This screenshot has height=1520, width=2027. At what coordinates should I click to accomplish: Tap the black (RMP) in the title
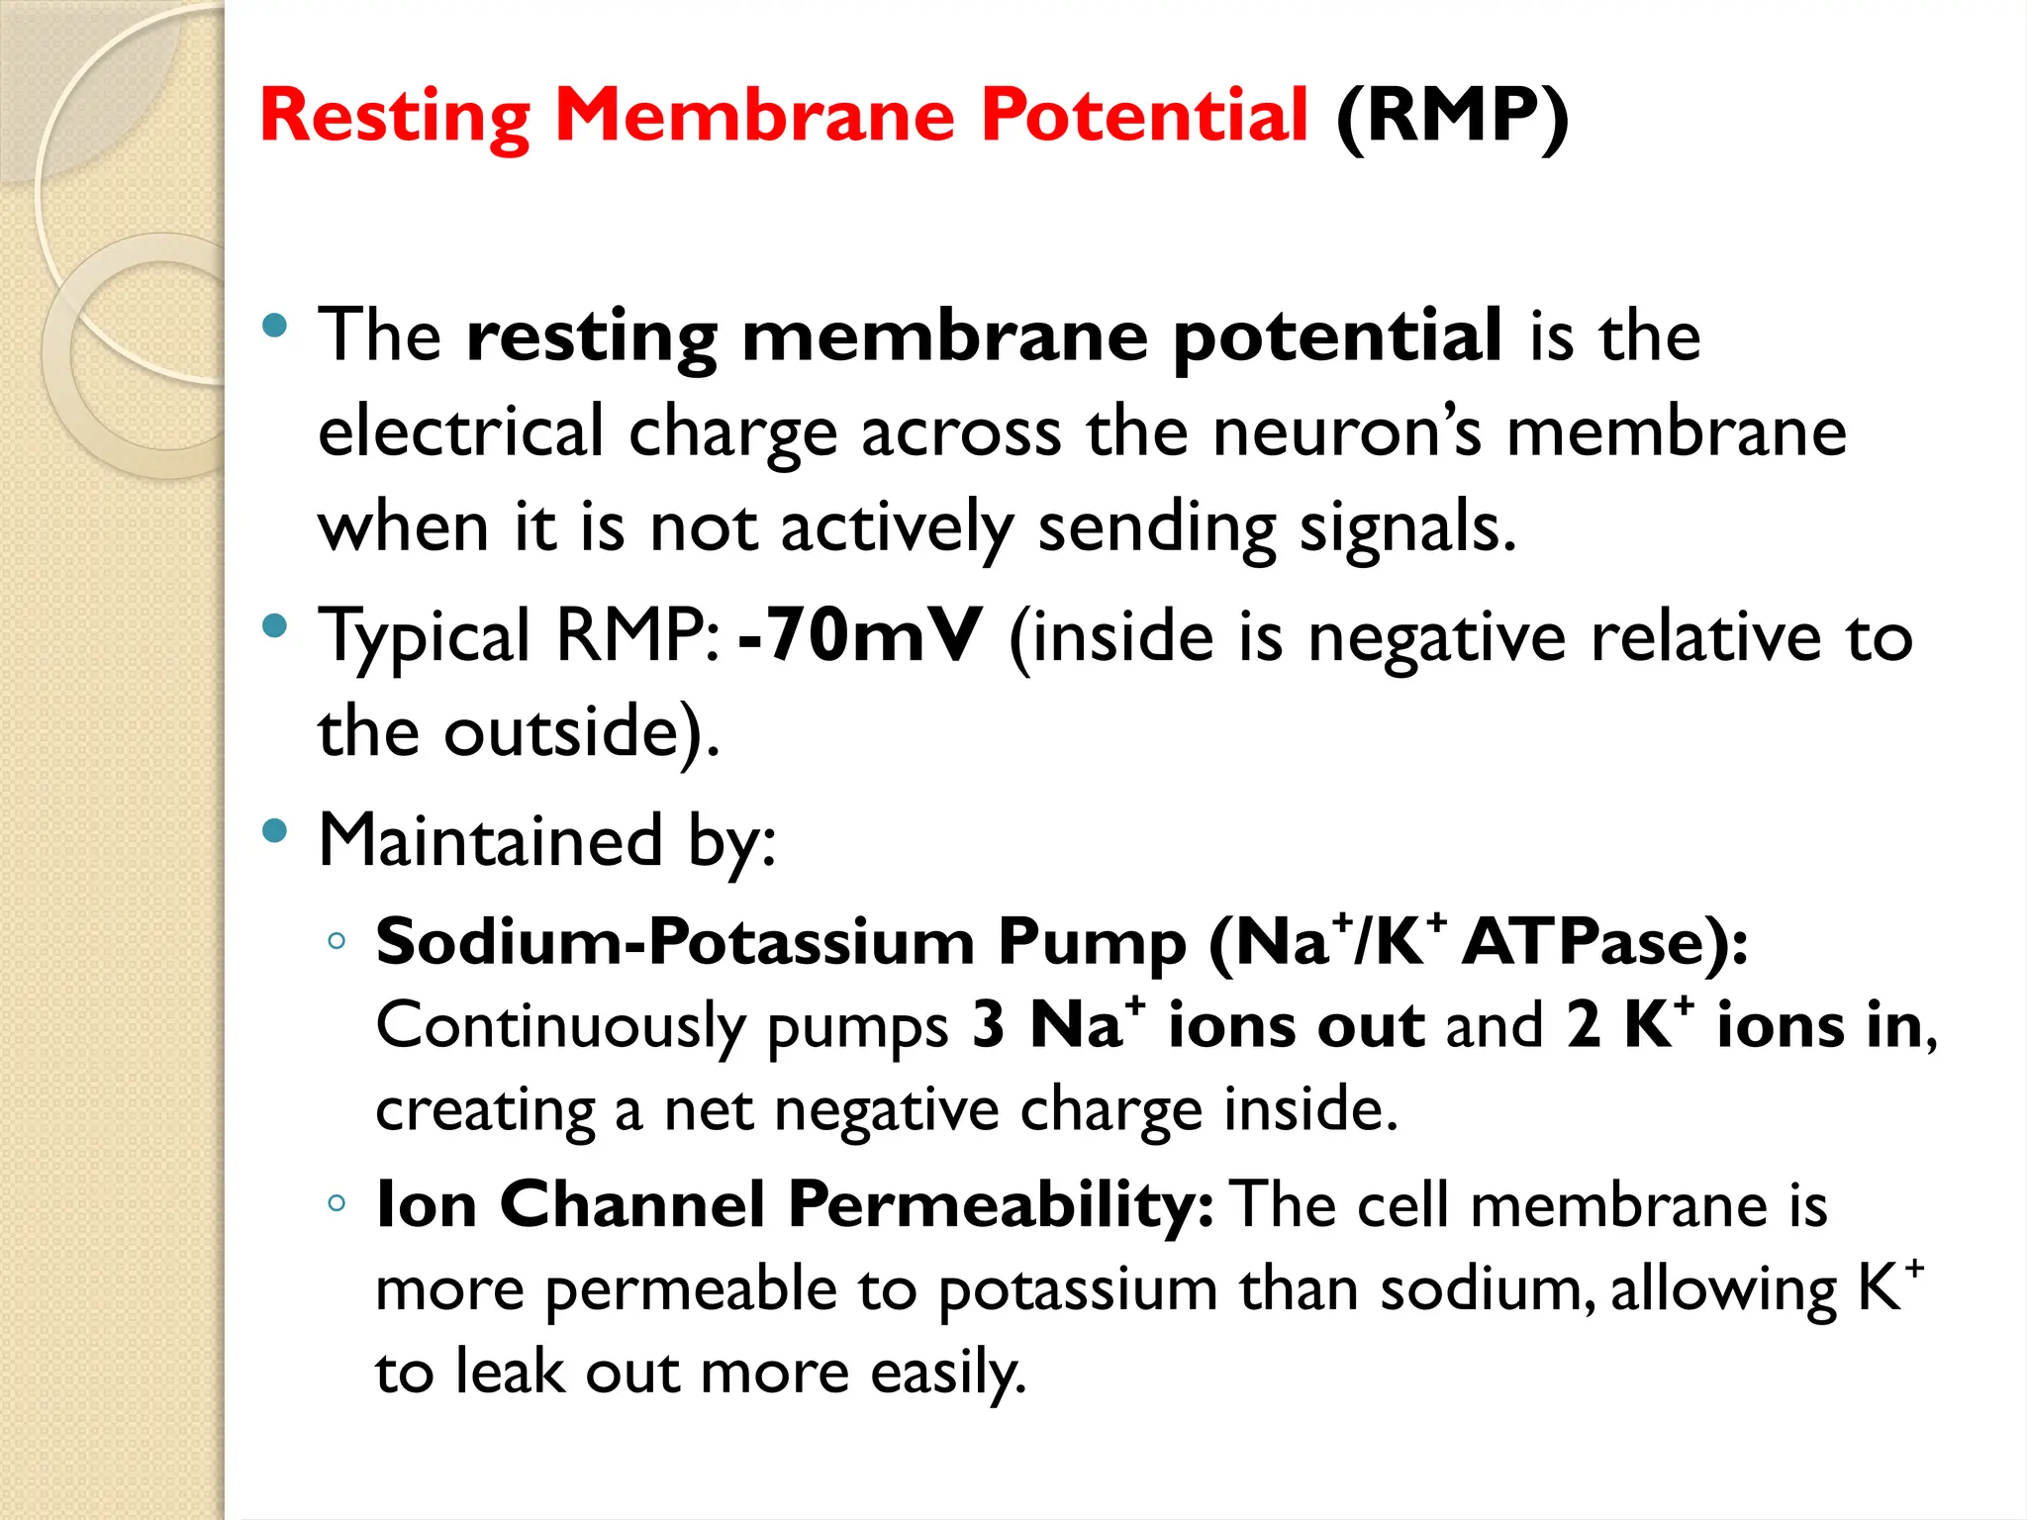(1451, 117)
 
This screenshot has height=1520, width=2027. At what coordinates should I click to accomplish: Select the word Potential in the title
(1144, 115)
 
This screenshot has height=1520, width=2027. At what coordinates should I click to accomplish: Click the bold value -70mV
(860, 635)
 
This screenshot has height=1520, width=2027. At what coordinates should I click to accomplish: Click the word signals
(1406, 526)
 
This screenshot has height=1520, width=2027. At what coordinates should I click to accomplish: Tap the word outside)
(581, 732)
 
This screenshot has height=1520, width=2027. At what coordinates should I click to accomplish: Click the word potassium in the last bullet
(1078, 1289)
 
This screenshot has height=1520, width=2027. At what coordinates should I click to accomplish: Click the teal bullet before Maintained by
(275, 831)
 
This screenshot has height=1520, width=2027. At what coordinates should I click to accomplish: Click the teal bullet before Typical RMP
(275, 625)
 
